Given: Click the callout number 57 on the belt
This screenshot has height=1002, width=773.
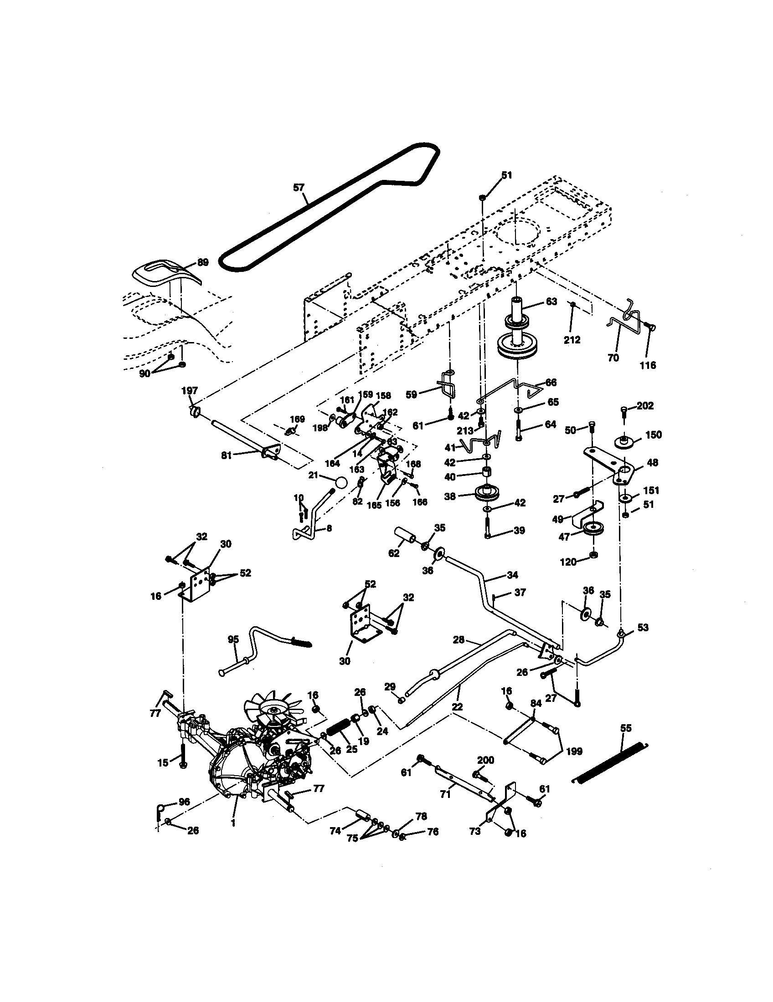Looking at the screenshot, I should [299, 188].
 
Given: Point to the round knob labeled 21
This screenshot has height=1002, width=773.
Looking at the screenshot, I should [341, 483].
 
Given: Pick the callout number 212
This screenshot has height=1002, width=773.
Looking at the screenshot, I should [572, 340].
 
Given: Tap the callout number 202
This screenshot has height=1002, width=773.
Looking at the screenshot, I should [645, 406].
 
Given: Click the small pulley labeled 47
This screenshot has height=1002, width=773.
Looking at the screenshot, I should [593, 529].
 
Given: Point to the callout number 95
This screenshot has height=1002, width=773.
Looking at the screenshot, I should [233, 639].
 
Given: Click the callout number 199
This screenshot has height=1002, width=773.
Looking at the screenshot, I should [574, 751].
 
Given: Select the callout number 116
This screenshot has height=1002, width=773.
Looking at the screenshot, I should [648, 365].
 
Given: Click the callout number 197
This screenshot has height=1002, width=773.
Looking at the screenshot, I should [190, 390].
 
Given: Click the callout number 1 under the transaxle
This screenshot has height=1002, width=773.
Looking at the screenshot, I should [234, 823].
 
